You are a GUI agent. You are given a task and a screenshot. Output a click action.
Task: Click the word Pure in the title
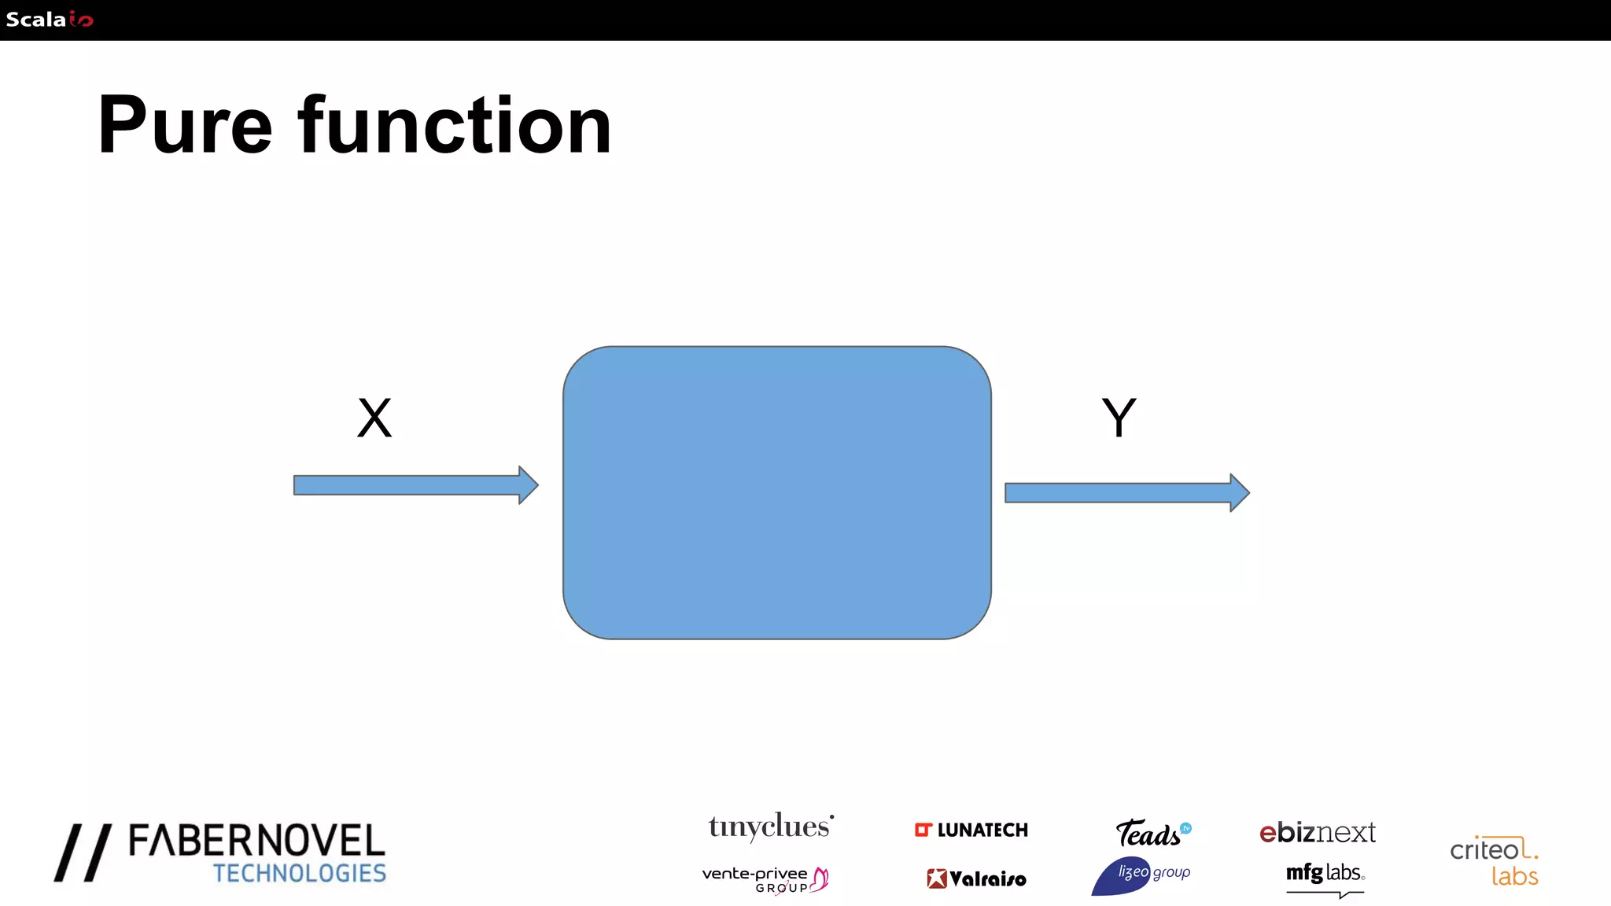(x=185, y=126)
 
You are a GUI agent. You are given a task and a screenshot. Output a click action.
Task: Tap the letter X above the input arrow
(x=374, y=418)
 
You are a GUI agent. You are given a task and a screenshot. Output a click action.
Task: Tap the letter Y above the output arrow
(x=1119, y=418)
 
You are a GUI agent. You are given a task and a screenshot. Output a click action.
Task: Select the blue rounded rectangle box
(x=776, y=492)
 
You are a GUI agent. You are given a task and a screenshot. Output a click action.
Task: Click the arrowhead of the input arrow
(x=528, y=484)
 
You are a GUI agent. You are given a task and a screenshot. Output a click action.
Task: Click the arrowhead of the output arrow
(x=1239, y=493)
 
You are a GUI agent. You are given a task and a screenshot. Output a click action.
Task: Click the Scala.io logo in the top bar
(x=49, y=20)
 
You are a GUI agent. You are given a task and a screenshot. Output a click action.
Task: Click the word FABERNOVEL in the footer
(x=256, y=842)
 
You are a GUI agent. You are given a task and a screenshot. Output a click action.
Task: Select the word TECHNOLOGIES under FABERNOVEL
(x=299, y=874)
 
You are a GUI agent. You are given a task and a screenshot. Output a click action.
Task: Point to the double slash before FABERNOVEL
(x=83, y=853)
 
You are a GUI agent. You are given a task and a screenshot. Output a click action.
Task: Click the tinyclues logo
(x=770, y=827)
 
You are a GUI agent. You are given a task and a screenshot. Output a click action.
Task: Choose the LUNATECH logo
(x=971, y=830)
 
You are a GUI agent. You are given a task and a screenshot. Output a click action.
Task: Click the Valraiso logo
(x=976, y=878)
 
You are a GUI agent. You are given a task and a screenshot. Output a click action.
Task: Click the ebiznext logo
(x=1318, y=832)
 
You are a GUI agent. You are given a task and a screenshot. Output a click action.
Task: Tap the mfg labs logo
(x=1325, y=875)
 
